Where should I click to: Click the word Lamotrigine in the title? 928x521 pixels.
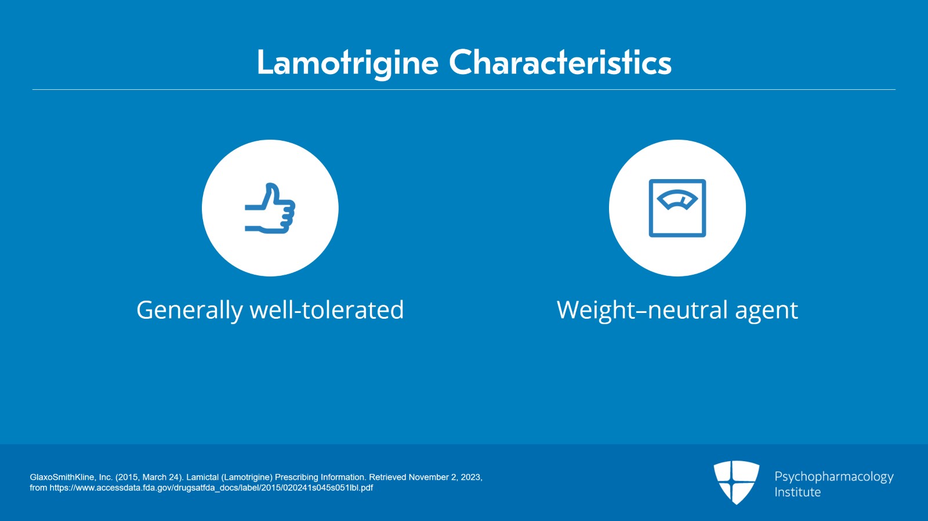click(347, 63)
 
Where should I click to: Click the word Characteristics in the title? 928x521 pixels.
click(560, 63)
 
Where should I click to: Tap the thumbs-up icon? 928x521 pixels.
click(270, 209)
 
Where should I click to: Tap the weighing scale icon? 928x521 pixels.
click(677, 208)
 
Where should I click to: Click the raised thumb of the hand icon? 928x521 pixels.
click(271, 194)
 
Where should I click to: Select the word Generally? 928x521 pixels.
click(189, 310)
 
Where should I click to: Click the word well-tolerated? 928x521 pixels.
click(327, 310)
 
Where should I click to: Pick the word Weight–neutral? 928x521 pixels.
click(641, 310)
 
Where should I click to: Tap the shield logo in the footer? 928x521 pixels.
click(736, 482)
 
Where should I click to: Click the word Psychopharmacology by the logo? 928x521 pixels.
click(833, 476)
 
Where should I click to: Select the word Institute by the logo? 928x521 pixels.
click(797, 492)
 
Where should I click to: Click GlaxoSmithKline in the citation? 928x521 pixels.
click(63, 477)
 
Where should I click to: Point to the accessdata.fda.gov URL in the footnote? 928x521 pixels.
click(211, 488)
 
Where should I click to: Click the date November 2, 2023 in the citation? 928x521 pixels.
click(445, 477)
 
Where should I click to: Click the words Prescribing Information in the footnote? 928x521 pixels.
click(320, 477)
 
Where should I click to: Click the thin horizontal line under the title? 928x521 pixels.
click(464, 90)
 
